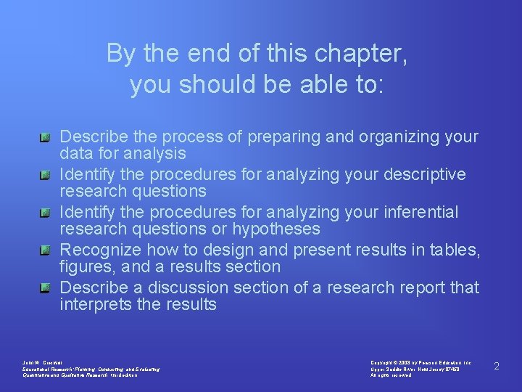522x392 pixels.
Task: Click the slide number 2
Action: [497, 366]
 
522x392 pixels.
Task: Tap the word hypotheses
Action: [276, 229]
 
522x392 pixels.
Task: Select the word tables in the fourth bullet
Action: [455, 250]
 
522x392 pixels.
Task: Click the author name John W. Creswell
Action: [43, 362]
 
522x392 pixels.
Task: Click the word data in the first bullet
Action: [75, 154]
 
